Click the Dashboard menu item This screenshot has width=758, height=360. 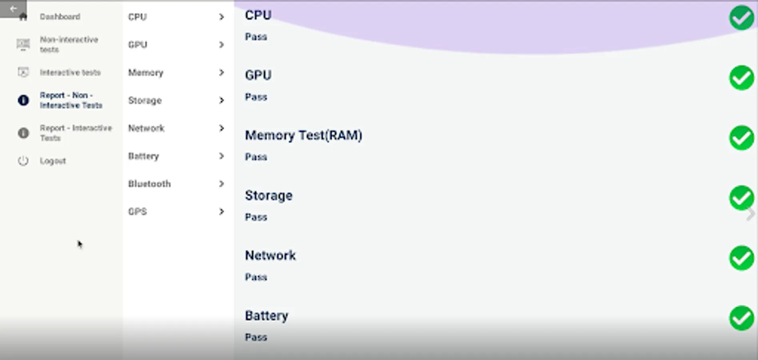60,17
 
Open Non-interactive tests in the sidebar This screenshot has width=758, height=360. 68,44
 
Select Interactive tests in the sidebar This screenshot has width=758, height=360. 70,72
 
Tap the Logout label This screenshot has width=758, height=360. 53,161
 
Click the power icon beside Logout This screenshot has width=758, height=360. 23,161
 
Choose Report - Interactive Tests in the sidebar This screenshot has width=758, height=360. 75,133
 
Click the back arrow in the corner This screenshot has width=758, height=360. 13,8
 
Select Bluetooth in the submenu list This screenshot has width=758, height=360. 149,184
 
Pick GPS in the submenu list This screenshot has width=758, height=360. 138,211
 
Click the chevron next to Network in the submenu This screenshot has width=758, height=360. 221,128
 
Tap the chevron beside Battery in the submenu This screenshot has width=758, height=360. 221,156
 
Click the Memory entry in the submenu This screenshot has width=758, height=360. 146,72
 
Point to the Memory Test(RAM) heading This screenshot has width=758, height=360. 303,135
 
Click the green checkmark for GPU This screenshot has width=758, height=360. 741,78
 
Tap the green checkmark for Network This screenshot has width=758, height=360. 741,258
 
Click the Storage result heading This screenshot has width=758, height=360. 269,196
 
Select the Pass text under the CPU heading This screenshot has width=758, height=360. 256,37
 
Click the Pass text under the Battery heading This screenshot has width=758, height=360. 256,337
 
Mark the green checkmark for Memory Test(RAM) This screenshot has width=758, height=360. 741,138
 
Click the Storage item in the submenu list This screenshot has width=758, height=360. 145,100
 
